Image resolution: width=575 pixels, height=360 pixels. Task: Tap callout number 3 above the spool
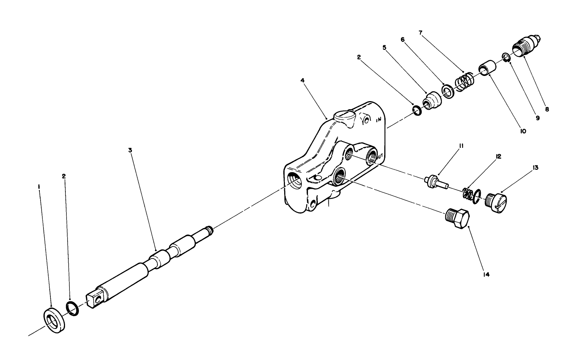(x=130, y=150)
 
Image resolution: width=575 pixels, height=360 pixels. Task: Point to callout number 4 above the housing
(x=302, y=80)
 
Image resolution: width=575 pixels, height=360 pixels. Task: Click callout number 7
(x=420, y=33)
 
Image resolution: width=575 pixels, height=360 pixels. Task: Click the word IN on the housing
(x=379, y=119)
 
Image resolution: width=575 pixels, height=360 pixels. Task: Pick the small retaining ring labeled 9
(x=505, y=57)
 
